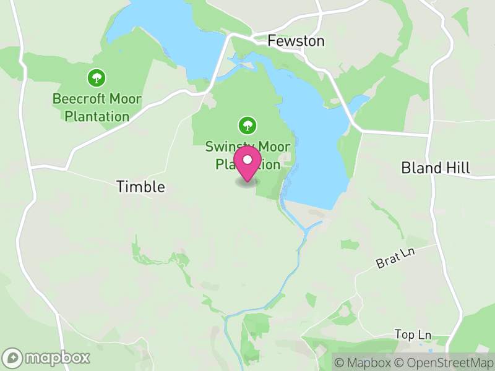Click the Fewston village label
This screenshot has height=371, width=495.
(296, 41)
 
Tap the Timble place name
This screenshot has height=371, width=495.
(141, 187)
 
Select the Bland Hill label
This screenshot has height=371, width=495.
(436, 168)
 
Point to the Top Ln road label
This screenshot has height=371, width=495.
(413, 335)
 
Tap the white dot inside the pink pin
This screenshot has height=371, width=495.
(247, 160)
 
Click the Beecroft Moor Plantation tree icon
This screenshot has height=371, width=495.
(96, 78)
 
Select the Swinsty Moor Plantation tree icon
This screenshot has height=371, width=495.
(247, 125)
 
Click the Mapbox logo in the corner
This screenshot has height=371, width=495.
(47, 357)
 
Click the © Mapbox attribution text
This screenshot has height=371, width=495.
(363, 362)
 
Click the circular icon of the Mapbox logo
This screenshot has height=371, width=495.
(12, 357)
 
